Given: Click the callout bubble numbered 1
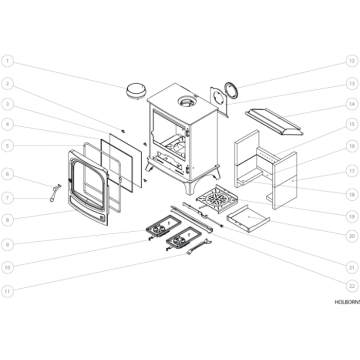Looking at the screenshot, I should [8, 60].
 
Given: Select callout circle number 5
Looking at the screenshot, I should [8, 146].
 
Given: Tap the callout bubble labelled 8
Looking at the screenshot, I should [8, 218].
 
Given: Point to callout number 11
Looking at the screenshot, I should [8, 290].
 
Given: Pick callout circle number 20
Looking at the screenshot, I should [352, 238].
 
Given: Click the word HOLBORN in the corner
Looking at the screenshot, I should [345, 327].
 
